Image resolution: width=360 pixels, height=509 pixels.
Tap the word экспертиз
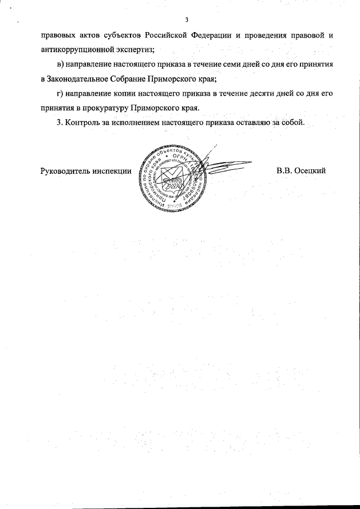(134, 50)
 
